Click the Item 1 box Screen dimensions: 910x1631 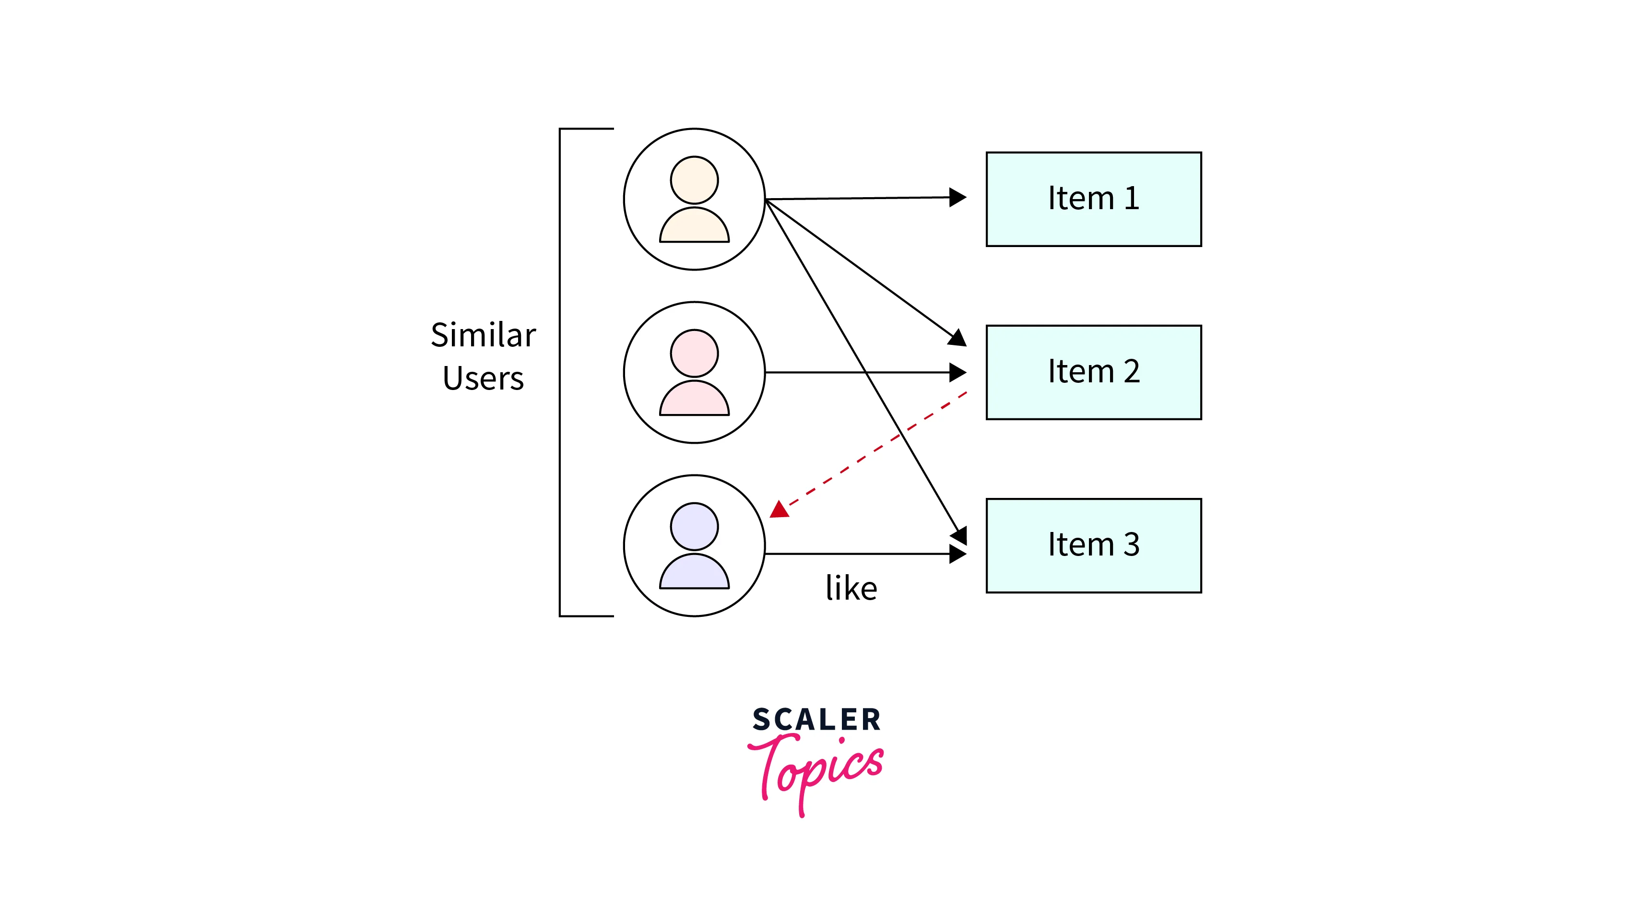[1093, 199]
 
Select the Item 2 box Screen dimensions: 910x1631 [1093, 372]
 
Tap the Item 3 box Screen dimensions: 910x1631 [1093, 545]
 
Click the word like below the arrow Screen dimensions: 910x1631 [851, 588]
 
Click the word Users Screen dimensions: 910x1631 [483, 378]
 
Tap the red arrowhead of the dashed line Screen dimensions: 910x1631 [780, 509]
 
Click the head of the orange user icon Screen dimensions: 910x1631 [694, 180]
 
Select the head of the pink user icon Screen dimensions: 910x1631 [694, 353]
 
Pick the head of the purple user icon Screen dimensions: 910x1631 [694, 526]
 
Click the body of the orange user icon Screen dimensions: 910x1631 [694, 227]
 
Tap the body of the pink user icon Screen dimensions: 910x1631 [694, 400]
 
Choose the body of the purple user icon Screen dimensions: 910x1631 [694, 574]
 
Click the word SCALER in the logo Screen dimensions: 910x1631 [816, 720]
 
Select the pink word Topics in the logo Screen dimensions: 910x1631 [817, 769]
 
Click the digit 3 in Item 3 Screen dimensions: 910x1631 [1132, 544]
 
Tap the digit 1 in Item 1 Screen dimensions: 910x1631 [1132, 198]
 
